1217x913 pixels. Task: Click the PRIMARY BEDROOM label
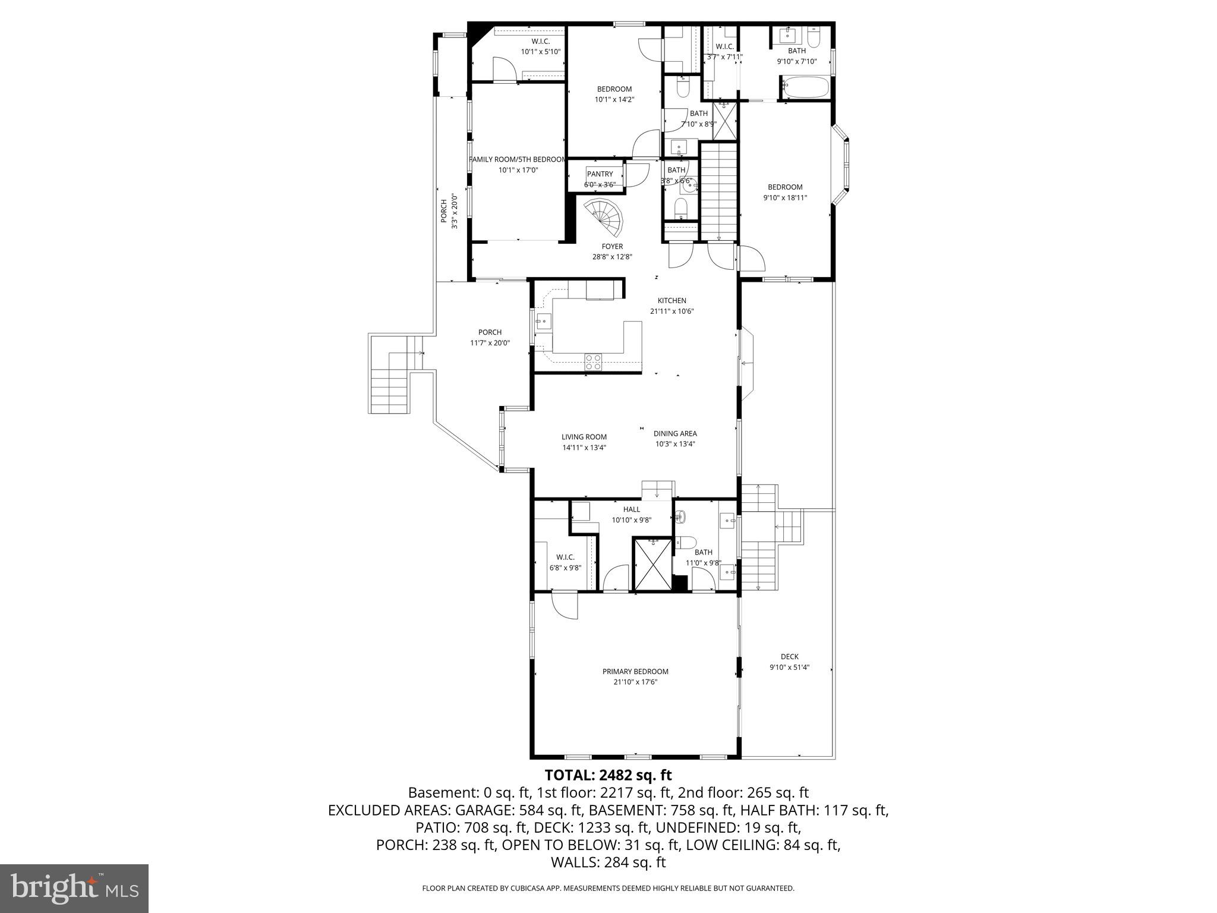635,671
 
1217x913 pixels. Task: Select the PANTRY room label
599,174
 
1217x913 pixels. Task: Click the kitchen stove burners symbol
593,361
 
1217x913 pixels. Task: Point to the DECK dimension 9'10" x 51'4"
789,667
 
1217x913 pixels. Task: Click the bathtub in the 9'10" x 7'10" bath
804,88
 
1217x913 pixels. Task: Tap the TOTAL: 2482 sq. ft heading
608,775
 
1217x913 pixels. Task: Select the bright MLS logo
74,888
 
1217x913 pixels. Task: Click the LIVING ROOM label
584,437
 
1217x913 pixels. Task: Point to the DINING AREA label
674,433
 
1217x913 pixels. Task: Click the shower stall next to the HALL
652,563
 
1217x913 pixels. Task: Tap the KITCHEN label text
671,300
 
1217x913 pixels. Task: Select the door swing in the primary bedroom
565,606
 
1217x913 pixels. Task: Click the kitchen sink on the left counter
543,323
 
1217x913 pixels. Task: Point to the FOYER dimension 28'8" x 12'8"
612,257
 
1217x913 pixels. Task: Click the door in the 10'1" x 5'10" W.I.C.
504,69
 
